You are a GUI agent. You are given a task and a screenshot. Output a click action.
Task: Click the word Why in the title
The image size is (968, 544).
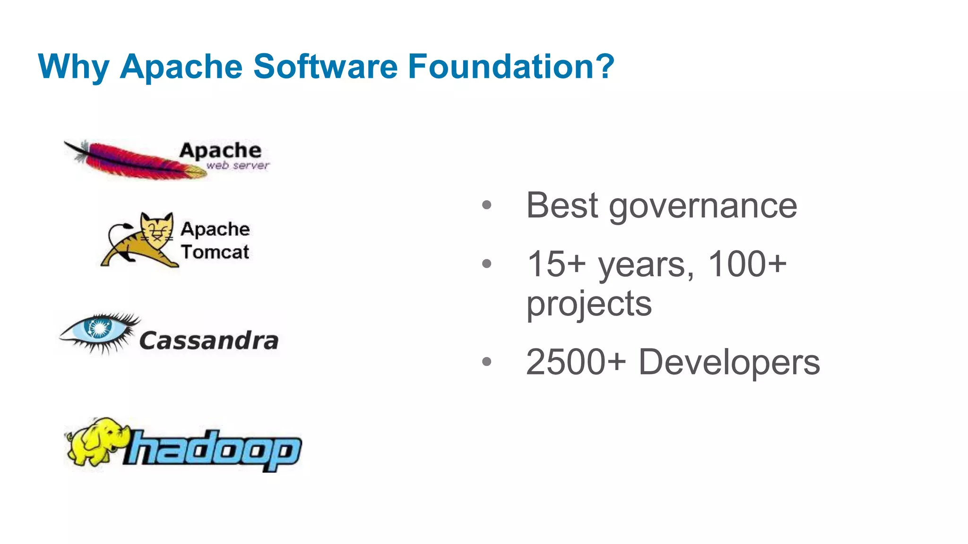coord(73,67)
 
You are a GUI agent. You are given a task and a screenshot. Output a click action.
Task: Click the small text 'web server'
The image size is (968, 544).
coord(237,166)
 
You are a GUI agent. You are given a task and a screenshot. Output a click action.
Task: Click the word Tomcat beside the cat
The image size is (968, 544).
coord(215,252)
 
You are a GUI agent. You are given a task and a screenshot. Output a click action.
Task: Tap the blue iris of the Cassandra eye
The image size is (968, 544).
coord(100,327)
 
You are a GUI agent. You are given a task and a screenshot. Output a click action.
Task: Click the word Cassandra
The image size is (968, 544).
coord(208,340)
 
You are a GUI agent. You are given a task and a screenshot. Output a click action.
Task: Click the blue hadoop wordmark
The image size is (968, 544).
coord(213,449)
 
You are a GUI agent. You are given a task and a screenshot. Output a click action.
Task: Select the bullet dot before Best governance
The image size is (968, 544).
coord(486,205)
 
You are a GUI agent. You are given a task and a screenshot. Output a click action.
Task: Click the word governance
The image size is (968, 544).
coord(702,206)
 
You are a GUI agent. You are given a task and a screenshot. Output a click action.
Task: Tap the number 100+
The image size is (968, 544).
coord(747,264)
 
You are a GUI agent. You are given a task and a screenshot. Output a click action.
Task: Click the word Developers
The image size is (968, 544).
coord(729,362)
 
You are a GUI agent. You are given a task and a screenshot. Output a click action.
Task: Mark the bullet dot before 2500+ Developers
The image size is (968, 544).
coord(486,362)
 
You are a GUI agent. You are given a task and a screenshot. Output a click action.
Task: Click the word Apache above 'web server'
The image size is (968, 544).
coord(220,151)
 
